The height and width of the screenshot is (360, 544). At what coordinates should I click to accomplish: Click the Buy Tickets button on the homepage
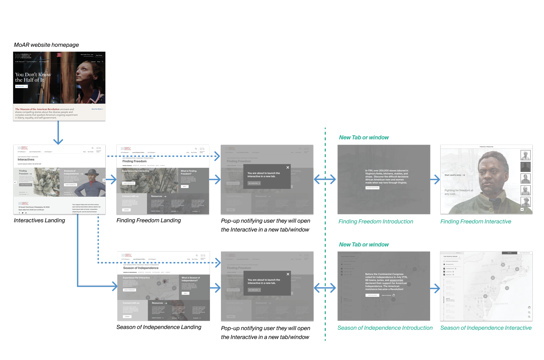click(99, 55)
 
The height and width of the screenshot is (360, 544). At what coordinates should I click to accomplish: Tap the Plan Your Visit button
click(21, 86)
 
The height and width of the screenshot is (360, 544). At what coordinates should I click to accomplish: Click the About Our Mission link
click(97, 109)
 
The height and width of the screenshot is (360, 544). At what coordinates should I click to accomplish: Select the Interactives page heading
click(26, 160)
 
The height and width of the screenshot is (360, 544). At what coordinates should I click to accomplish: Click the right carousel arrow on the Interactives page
click(104, 180)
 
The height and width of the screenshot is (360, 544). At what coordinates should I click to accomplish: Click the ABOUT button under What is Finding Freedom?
click(185, 186)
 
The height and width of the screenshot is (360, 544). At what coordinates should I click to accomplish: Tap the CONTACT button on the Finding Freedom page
click(126, 210)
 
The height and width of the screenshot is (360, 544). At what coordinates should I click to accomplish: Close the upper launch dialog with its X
click(288, 167)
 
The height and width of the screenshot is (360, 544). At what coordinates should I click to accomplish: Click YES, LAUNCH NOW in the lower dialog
click(254, 290)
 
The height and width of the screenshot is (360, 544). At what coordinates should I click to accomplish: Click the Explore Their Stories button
click(372, 188)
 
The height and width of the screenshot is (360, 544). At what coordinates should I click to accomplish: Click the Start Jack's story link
click(454, 175)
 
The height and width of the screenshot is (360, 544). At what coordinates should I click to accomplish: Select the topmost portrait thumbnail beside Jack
click(525, 155)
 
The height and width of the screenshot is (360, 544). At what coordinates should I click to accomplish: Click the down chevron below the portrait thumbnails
click(522, 209)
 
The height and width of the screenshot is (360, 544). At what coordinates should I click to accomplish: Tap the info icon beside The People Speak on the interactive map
click(460, 257)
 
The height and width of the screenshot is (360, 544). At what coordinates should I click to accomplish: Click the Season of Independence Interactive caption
click(486, 328)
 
